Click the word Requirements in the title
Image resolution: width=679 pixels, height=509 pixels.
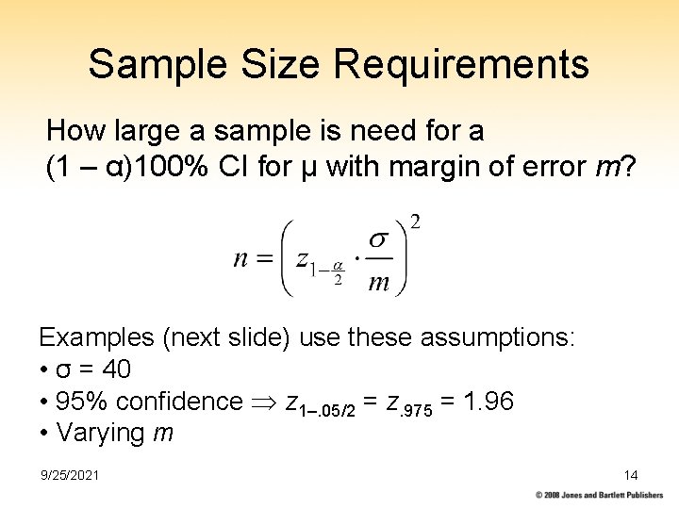point(461,65)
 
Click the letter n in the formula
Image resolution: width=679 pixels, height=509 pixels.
point(242,258)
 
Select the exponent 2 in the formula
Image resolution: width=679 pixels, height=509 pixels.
point(415,223)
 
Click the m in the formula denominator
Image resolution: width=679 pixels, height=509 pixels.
point(377,282)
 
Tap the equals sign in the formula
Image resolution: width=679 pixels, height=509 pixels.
point(265,258)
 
